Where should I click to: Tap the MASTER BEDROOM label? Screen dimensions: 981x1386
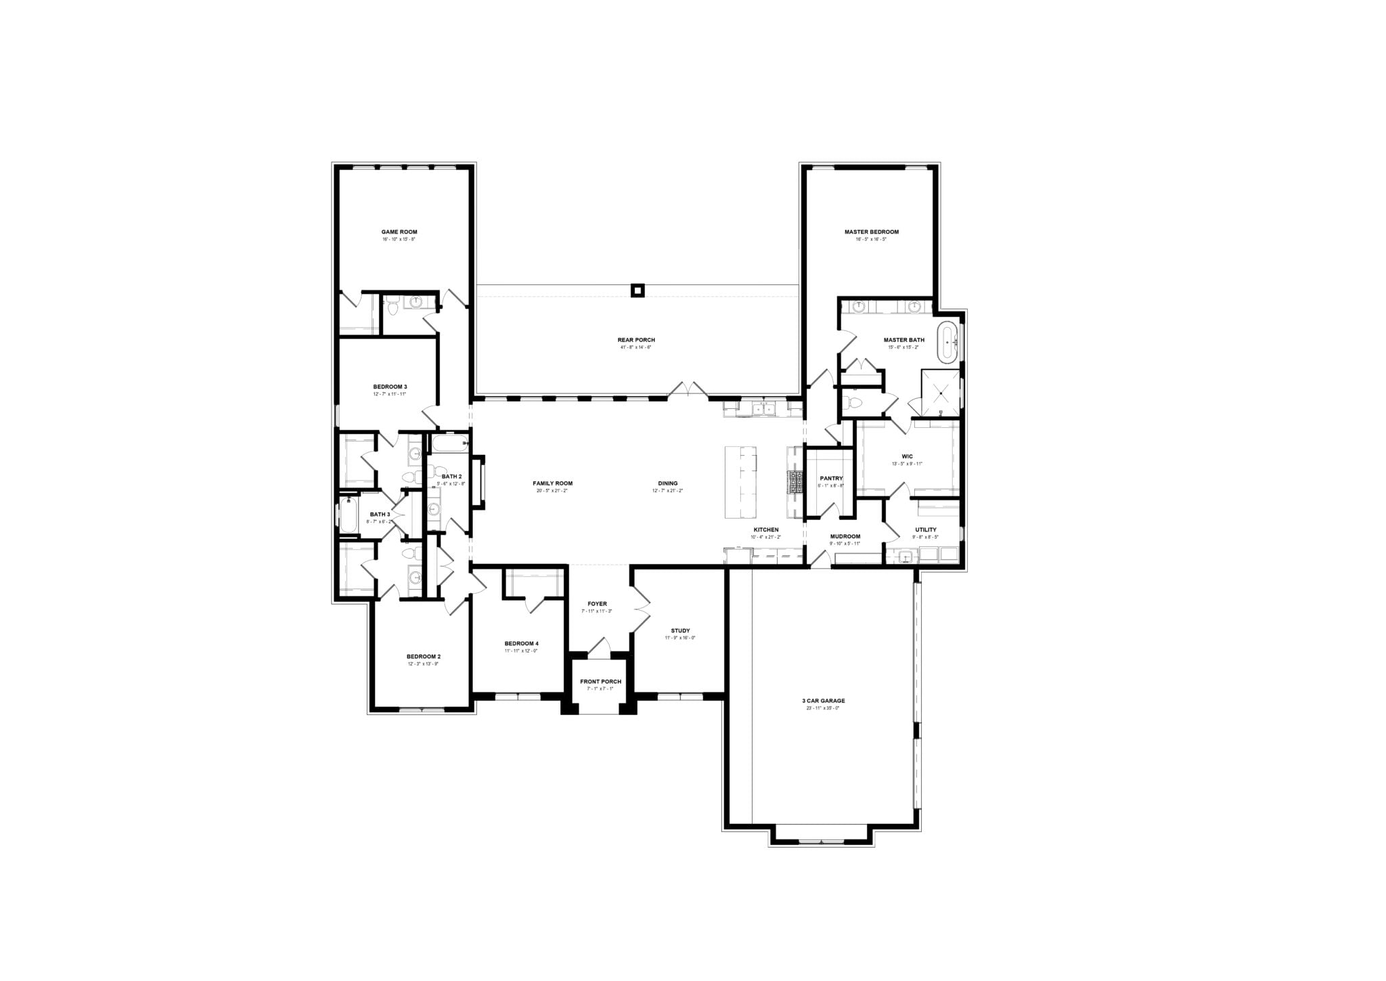tap(871, 232)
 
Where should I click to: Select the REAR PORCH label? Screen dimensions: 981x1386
tap(635, 340)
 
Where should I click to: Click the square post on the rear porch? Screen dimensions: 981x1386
tap(636, 290)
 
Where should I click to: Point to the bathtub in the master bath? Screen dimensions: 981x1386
tap(947, 343)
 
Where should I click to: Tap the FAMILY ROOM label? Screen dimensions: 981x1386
tap(552, 483)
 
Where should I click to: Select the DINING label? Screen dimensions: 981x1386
tap(667, 483)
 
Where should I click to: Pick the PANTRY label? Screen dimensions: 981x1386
tap(831, 479)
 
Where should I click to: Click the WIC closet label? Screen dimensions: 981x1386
tap(907, 457)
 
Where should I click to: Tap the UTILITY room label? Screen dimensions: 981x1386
tap(926, 529)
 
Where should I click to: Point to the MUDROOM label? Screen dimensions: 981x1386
tap(845, 536)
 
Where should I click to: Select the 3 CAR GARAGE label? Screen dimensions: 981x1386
tap(824, 701)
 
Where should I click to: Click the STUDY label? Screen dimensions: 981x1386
tap(680, 630)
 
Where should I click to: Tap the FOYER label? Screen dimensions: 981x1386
tap(597, 604)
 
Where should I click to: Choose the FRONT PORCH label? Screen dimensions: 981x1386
tap(600, 682)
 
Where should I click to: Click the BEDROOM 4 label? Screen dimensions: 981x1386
tap(521, 643)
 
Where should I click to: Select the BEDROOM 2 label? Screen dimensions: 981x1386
tap(424, 657)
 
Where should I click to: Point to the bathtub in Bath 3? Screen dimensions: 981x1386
tap(348, 515)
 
